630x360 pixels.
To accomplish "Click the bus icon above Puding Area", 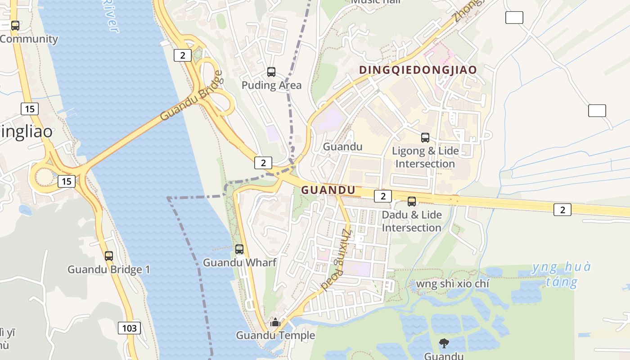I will point(271,72).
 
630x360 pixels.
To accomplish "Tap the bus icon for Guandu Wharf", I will point(239,249).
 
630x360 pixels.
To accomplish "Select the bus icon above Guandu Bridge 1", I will point(109,256).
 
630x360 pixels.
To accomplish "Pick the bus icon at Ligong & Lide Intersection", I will point(425,138).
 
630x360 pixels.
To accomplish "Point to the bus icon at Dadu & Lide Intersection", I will point(412,201).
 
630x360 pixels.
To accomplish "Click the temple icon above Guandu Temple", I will point(275,322).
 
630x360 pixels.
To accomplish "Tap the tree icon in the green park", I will point(444,343).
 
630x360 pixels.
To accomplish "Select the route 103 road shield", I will point(129,328).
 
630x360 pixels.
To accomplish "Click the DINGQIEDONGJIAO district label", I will point(418,70).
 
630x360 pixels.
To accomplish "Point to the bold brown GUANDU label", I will point(328,190).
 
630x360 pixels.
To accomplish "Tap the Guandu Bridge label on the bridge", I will point(191,95).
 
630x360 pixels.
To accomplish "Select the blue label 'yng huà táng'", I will point(561,274).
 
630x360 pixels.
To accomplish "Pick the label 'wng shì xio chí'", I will point(452,284).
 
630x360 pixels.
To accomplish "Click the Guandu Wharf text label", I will point(239,262).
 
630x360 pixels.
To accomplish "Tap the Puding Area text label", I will point(271,85).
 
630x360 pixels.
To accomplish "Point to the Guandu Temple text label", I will point(275,335).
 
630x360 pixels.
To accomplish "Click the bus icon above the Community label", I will point(15,26).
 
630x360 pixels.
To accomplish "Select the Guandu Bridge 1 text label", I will point(109,270).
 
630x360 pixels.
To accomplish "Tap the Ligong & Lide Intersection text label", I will point(425,157).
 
